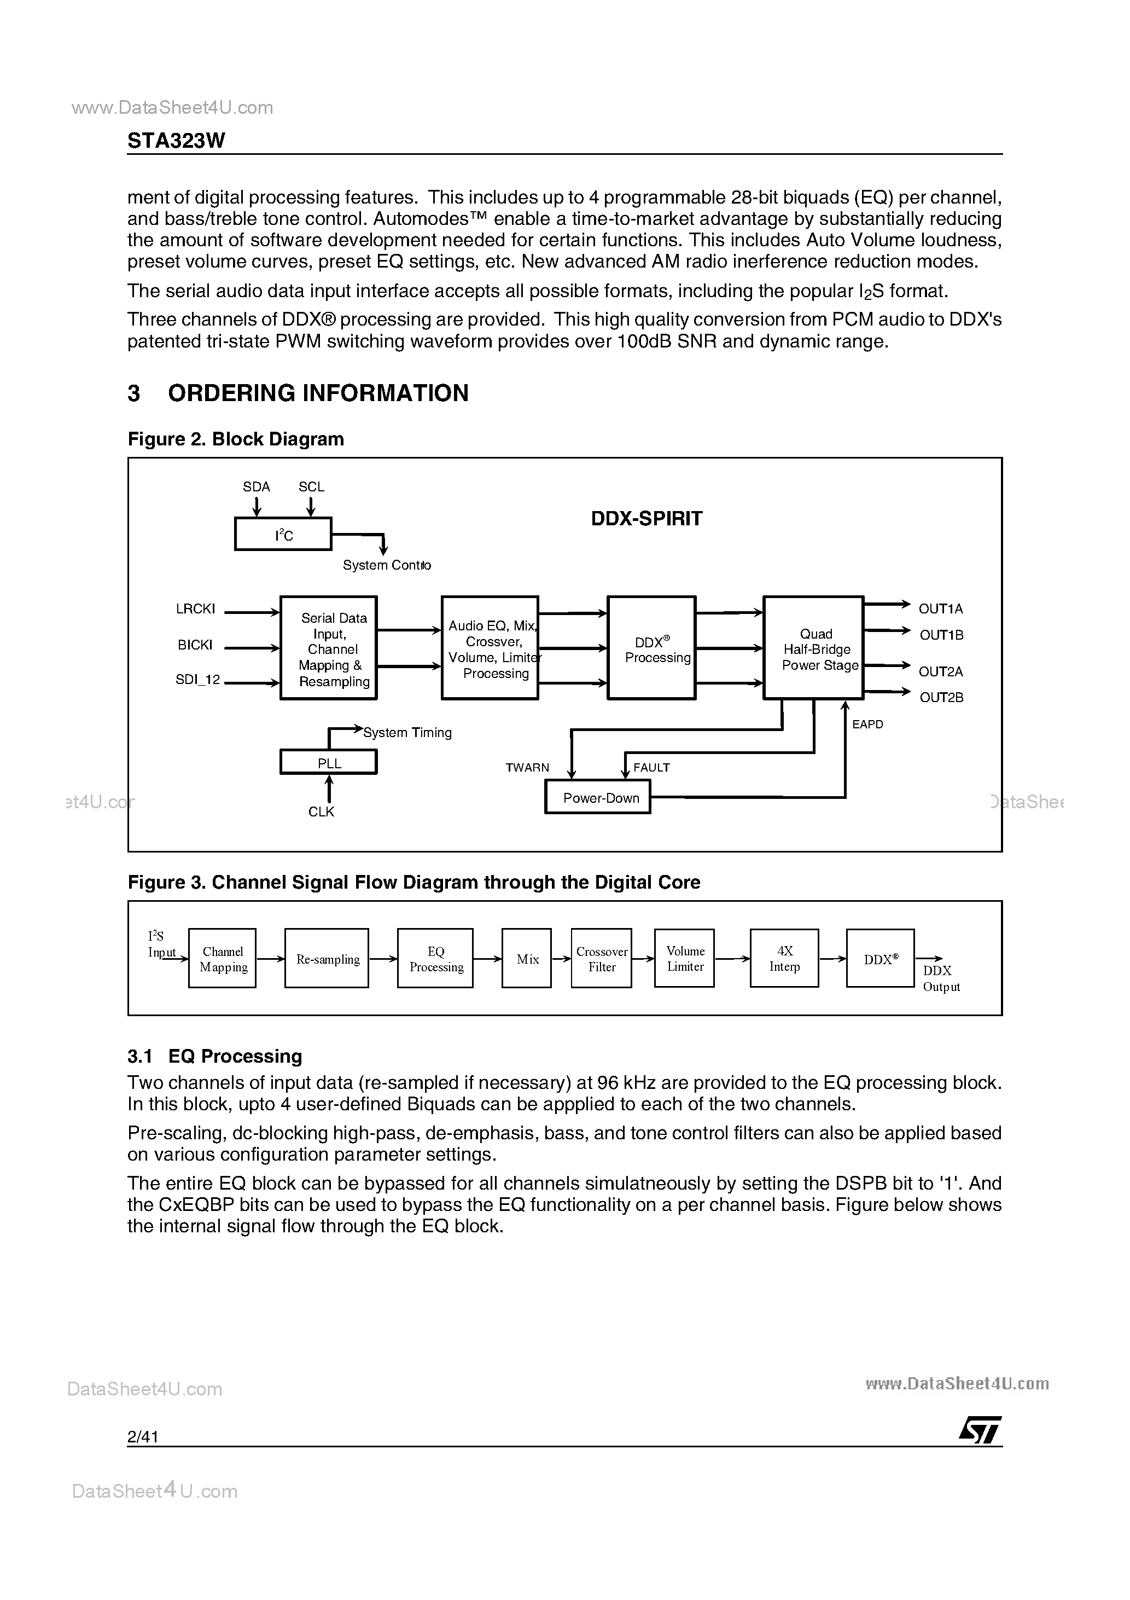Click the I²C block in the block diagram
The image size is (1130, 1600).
pyautogui.click(x=283, y=535)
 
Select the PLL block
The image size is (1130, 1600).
pyautogui.click(x=328, y=762)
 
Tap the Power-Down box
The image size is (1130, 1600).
pyautogui.click(x=597, y=797)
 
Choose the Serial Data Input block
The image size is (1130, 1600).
pyautogui.click(x=328, y=648)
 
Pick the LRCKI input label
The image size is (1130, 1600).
pyautogui.click(x=196, y=609)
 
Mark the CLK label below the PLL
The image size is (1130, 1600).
pyautogui.click(x=321, y=812)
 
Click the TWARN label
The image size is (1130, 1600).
pyautogui.click(x=527, y=767)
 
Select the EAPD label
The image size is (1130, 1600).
pyautogui.click(x=867, y=724)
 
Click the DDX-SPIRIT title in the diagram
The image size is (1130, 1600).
pyautogui.click(x=646, y=518)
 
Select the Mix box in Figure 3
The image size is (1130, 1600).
pyautogui.click(x=527, y=959)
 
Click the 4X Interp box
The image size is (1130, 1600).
pyautogui.click(x=784, y=959)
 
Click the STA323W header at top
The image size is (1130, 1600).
pyautogui.click(x=176, y=141)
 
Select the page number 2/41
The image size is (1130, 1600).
pyautogui.click(x=143, y=1436)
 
